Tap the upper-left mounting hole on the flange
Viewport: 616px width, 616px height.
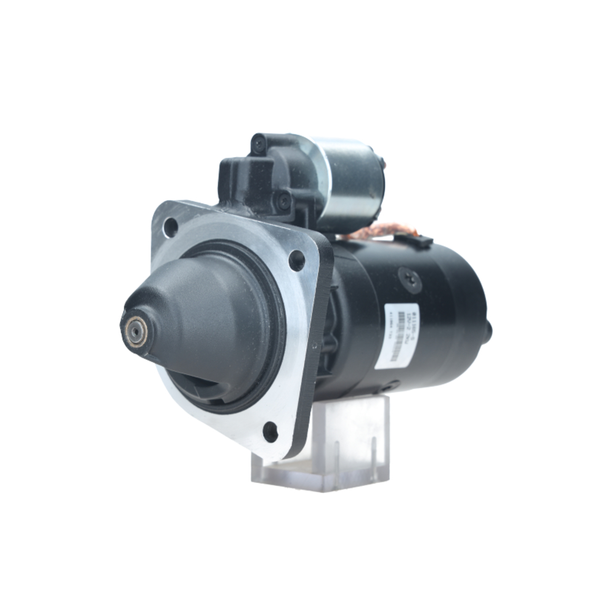tap(171, 227)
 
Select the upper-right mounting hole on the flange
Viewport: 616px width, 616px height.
tap(296, 261)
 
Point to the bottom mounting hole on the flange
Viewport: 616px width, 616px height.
tap(270, 431)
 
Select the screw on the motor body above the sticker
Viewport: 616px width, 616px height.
tap(409, 279)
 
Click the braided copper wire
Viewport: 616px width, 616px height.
tap(376, 233)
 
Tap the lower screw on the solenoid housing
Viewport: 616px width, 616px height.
tap(283, 200)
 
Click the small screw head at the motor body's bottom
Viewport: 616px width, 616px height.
tap(387, 387)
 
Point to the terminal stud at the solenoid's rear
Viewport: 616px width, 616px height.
tap(383, 164)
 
